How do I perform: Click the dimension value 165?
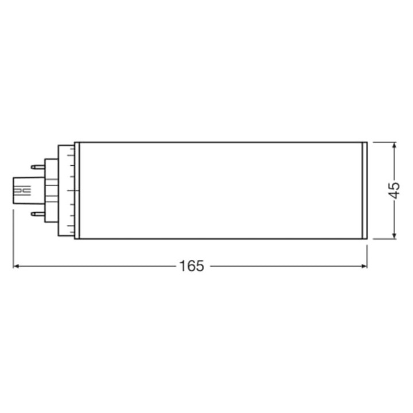coord(191,267)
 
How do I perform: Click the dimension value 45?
coord(393,190)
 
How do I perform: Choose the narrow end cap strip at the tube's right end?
coord(364,190)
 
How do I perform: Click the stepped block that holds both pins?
coord(51,190)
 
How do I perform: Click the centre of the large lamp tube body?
coord(221,190)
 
